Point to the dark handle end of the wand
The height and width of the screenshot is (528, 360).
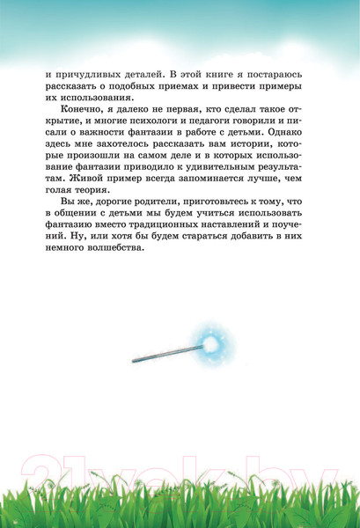(x=138, y=361)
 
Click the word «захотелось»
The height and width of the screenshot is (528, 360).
(x=145, y=167)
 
